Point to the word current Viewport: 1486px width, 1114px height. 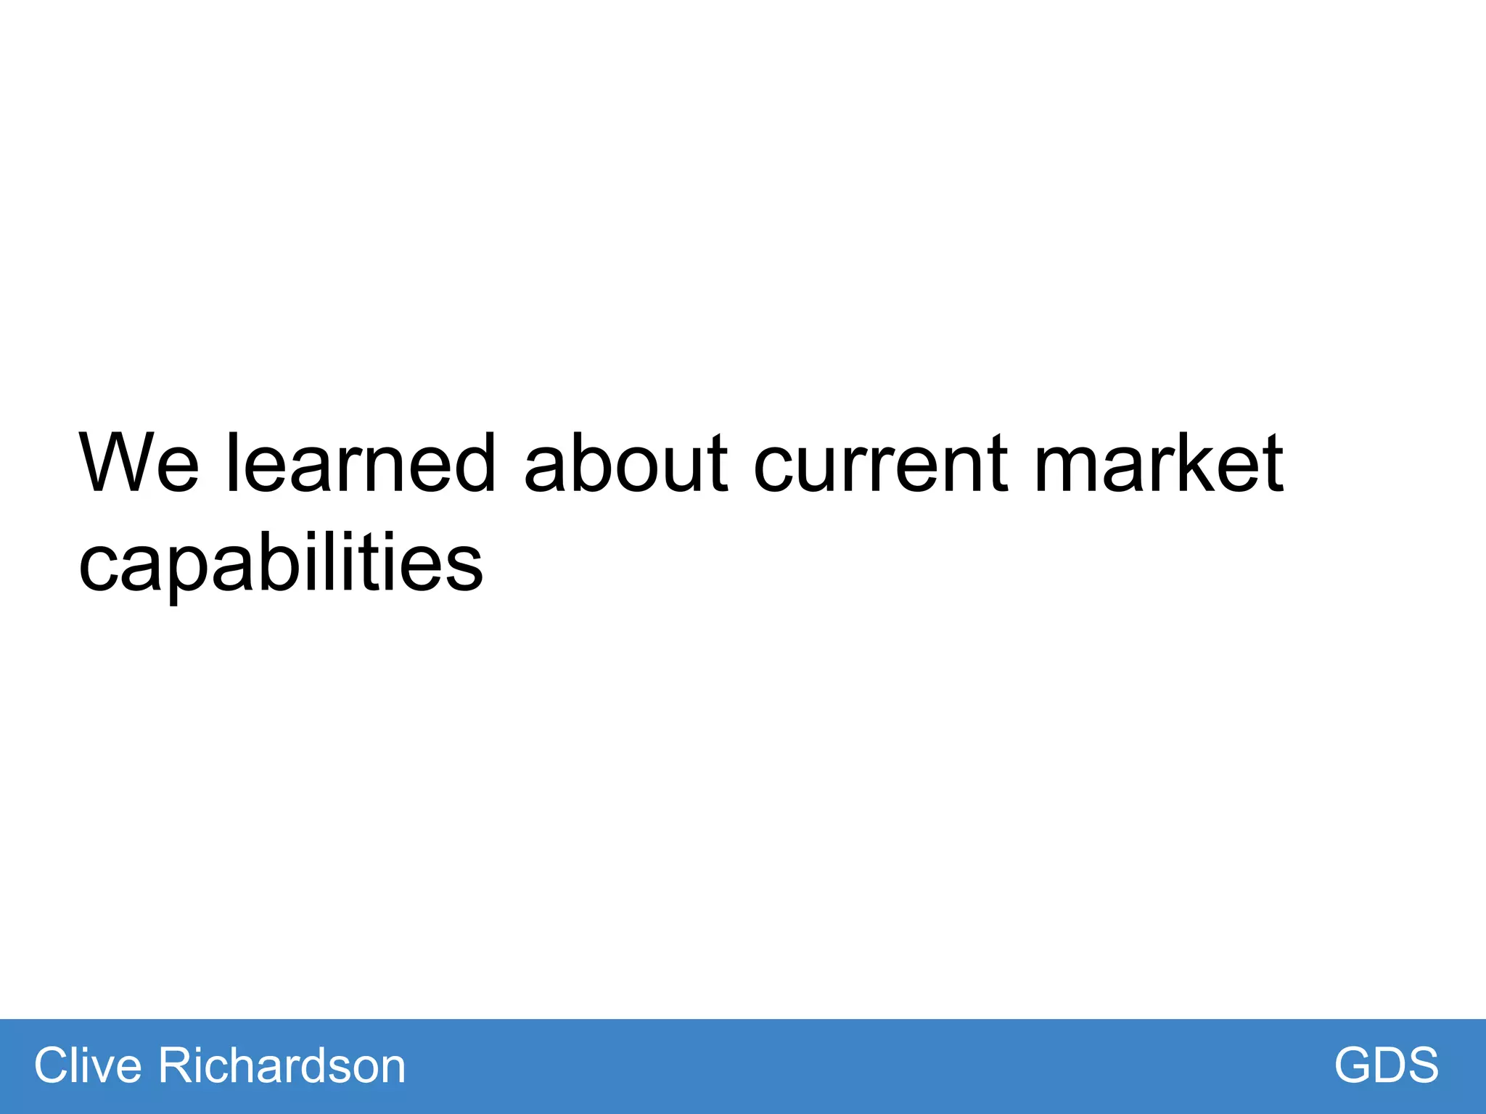click(881, 464)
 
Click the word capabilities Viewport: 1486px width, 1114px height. click(280, 564)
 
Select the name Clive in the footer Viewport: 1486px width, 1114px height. click(88, 1065)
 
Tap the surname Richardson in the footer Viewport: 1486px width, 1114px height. click(282, 1065)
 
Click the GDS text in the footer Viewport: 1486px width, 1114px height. click(1386, 1065)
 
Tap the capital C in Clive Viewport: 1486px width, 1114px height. click(52, 1065)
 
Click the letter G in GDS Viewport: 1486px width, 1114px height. click(1354, 1065)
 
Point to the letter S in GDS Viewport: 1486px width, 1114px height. click(1421, 1065)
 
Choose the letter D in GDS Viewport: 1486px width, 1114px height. click(1388, 1065)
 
